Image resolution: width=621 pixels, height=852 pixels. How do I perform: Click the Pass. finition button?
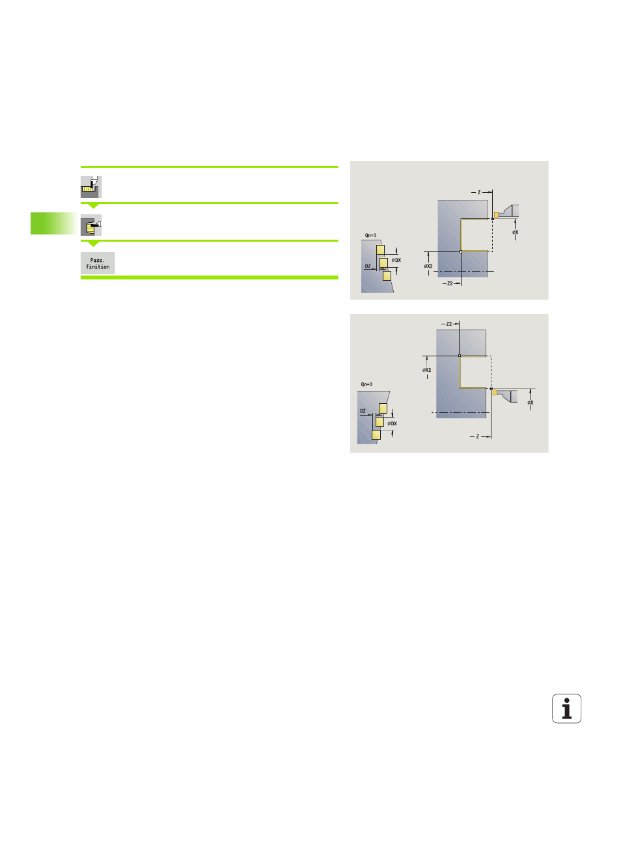(x=98, y=263)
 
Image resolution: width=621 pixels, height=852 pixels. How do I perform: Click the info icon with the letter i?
(x=566, y=708)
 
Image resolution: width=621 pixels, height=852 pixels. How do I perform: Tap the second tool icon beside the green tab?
(x=91, y=225)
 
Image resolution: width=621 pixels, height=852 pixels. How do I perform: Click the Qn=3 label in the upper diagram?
(x=370, y=235)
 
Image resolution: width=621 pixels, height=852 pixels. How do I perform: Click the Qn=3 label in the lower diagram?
(x=366, y=384)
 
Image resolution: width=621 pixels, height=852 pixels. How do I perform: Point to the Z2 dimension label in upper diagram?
(x=450, y=283)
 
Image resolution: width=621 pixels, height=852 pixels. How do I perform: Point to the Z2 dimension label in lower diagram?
(x=449, y=324)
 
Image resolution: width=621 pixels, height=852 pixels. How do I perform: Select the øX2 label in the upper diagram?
(x=428, y=266)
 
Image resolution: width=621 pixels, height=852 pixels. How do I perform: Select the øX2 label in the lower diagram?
(x=427, y=370)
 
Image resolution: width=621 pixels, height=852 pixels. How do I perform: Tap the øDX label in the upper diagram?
(x=396, y=260)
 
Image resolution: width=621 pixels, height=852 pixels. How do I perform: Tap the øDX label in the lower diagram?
(x=393, y=423)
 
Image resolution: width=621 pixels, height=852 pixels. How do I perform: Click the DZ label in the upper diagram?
(x=368, y=266)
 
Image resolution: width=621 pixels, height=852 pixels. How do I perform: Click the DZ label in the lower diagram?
(x=363, y=411)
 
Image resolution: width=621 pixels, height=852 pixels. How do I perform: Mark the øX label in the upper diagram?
(x=515, y=232)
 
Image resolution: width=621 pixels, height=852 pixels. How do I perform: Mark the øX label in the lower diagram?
(x=530, y=403)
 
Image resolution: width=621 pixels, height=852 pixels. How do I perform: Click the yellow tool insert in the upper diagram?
(x=496, y=215)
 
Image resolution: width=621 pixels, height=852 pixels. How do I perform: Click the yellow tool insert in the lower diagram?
(x=495, y=393)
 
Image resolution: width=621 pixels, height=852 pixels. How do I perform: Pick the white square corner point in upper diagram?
(x=461, y=251)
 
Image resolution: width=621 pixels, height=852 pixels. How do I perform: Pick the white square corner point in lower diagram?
(x=460, y=356)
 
